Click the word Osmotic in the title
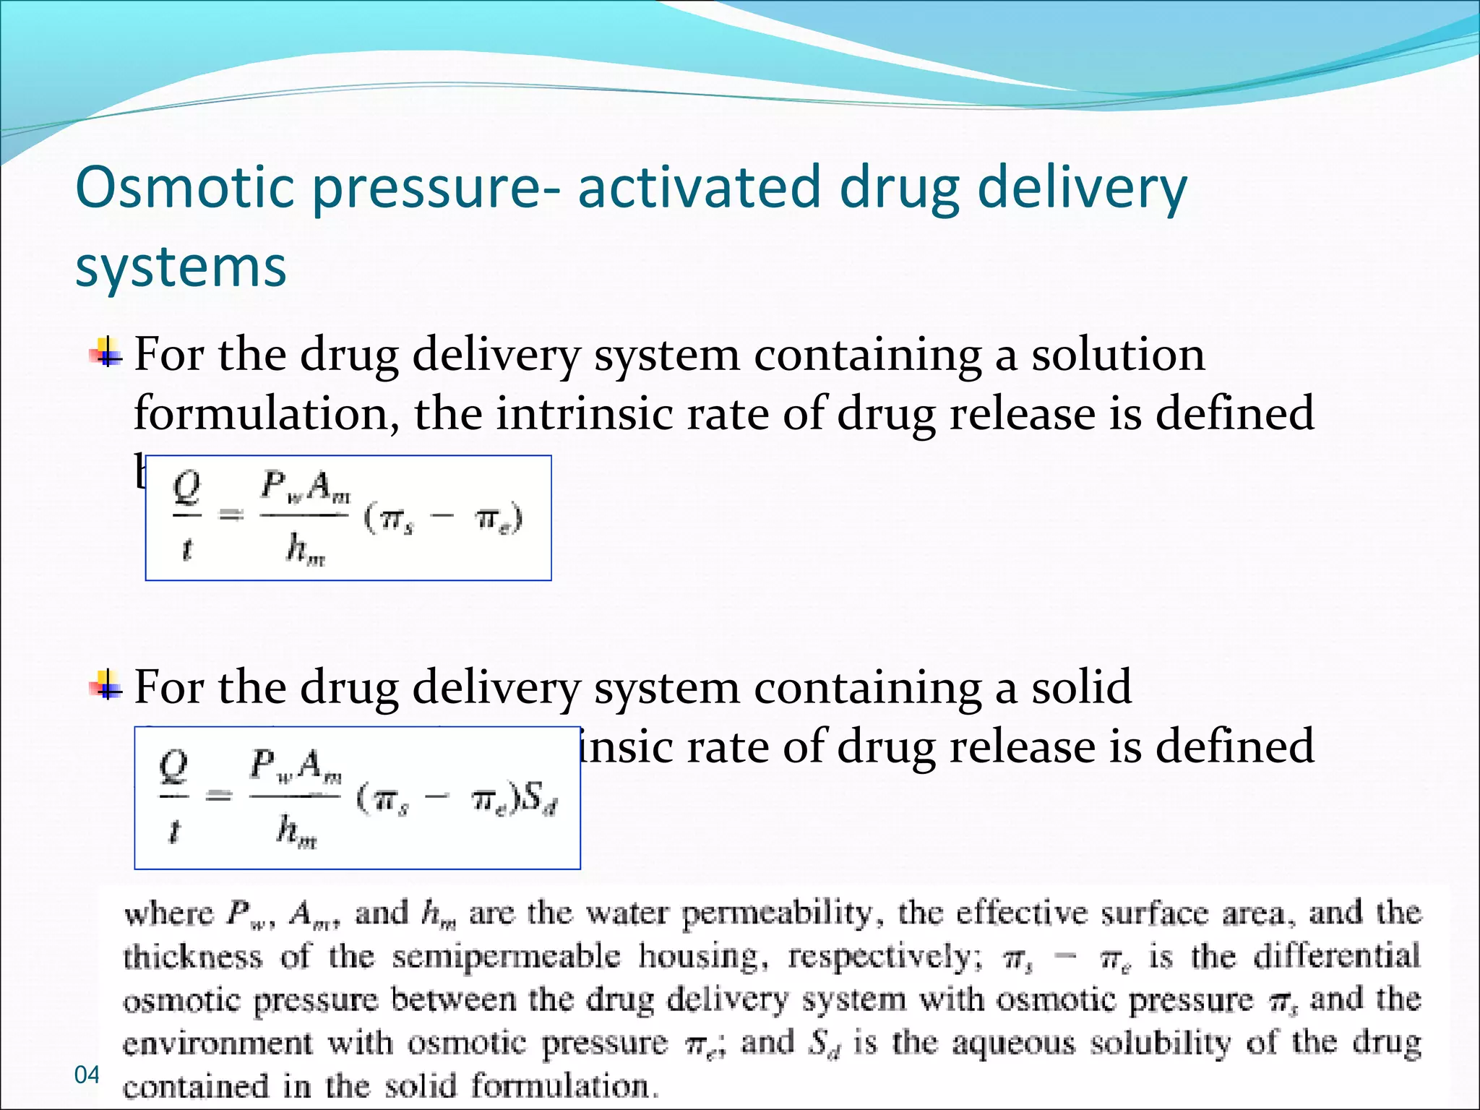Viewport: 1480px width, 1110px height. pos(184,187)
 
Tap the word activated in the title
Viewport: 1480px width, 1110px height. pos(700,187)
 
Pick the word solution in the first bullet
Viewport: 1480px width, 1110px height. pos(1118,355)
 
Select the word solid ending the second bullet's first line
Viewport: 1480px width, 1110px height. pos(1081,687)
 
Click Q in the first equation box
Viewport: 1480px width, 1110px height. pos(187,488)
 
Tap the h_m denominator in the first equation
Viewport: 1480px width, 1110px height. pos(304,549)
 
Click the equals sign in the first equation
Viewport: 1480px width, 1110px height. pos(231,515)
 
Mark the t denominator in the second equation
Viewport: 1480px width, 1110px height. pos(173,831)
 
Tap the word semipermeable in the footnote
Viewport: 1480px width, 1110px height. pos(506,958)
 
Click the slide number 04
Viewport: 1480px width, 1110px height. pos(87,1075)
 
